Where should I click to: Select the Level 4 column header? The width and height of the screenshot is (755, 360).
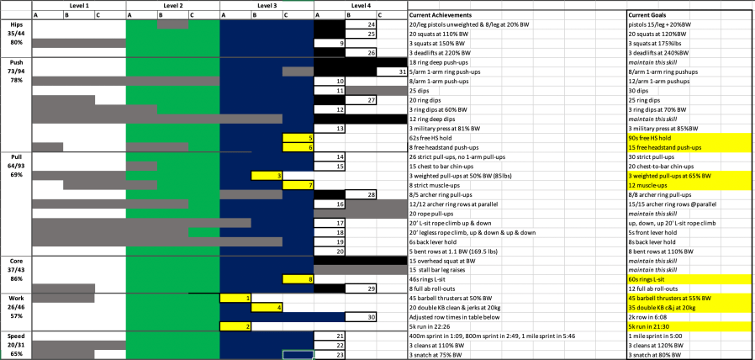[x=360, y=5]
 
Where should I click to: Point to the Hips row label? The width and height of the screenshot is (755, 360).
[x=16, y=24]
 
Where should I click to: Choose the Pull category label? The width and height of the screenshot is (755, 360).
[x=16, y=156]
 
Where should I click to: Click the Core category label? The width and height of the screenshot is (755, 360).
[x=16, y=261]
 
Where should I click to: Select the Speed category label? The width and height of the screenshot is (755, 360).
[x=16, y=336]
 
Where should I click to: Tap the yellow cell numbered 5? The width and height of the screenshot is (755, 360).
[x=298, y=137]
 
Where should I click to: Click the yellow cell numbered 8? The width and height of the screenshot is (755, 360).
[x=298, y=278]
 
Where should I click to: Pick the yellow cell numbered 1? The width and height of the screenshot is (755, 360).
[x=235, y=298]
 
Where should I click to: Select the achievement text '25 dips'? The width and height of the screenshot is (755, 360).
[x=420, y=90]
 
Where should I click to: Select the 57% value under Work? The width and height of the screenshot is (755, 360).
[x=16, y=316]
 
